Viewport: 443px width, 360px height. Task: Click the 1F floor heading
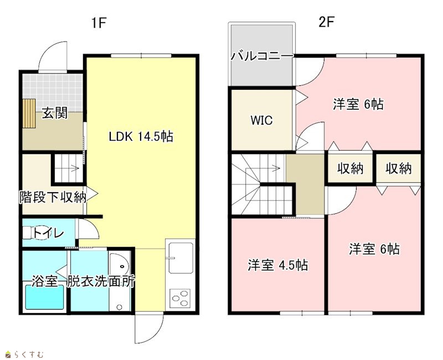(99, 23)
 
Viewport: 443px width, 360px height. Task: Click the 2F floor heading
(327, 22)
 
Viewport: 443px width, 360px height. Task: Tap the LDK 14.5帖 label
(141, 137)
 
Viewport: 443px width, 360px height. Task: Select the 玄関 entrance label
(55, 114)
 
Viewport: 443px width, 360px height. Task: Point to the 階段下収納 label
(53, 197)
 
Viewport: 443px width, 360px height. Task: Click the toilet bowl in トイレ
(37, 233)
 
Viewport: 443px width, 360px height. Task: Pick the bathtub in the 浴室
(45, 297)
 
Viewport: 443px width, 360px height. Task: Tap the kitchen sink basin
(181, 258)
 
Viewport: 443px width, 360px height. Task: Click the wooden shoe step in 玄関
(29, 114)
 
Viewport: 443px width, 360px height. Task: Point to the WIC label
(261, 120)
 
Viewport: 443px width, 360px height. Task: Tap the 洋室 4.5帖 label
(278, 265)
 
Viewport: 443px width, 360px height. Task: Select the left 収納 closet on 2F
(351, 169)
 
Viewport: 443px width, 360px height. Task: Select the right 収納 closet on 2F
(398, 169)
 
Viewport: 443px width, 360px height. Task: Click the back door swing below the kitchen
(149, 328)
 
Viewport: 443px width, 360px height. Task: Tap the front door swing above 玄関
(53, 56)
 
